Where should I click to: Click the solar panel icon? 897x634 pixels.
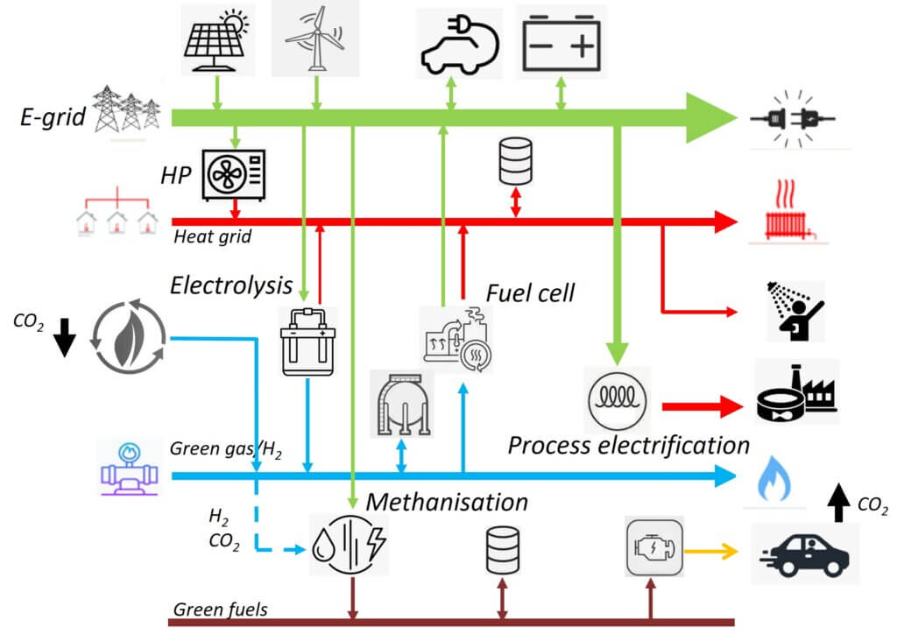tap(216, 39)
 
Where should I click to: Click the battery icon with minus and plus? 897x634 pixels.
tap(561, 43)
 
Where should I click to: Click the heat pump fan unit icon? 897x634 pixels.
tap(233, 174)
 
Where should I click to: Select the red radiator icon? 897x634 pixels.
tap(786, 212)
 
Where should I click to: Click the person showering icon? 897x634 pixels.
tap(789, 310)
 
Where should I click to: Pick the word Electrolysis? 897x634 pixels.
tap(231, 285)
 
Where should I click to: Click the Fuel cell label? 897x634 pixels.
tap(530, 292)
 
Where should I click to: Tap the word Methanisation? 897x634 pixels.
tap(447, 502)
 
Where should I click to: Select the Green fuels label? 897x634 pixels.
tap(221, 609)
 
